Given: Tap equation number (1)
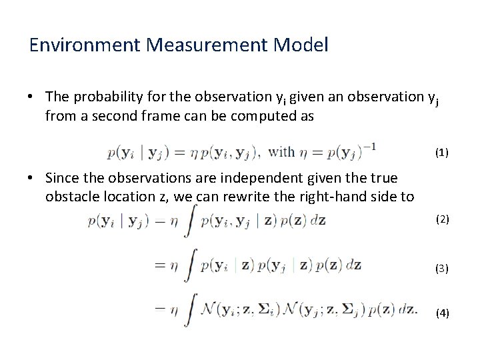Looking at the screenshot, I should [442, 153].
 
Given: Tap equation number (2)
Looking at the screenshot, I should [442, 219].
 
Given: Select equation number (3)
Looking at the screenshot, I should [442, 268].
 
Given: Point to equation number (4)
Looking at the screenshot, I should [442, 312].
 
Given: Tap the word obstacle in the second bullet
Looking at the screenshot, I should [71, 196].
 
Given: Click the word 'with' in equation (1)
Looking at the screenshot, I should [282, 152].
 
